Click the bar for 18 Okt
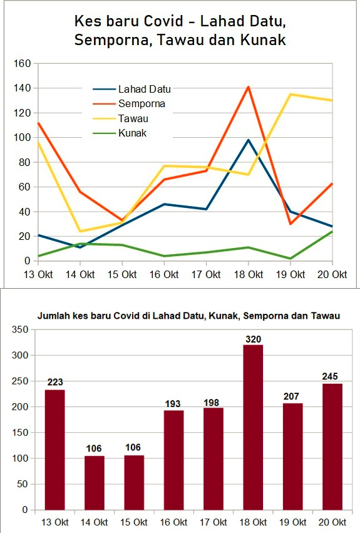(x=253, y=427)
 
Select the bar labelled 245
(x=332, y=447)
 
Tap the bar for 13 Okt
(x=54, y=450)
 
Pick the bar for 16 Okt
(x=173, y=460)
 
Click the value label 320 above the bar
(x=254, y=339)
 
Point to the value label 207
(x=291, y=396)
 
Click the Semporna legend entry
(x=129, y=104)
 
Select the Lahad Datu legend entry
(x=132, y=89)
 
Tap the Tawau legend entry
(x=121, y=118)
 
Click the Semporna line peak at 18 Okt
(x=249, y=87)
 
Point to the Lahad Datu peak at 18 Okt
(x=249, y=140)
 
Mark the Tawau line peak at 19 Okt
(x=291, y=94)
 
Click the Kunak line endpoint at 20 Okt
(x=332, y=232)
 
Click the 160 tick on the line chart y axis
(x=22, y=63)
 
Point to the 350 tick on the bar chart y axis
(x=19, y=329)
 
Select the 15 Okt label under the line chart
(x=122, y=274)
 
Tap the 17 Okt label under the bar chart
(x=213, y=522)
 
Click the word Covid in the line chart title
(x=163, y=21)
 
